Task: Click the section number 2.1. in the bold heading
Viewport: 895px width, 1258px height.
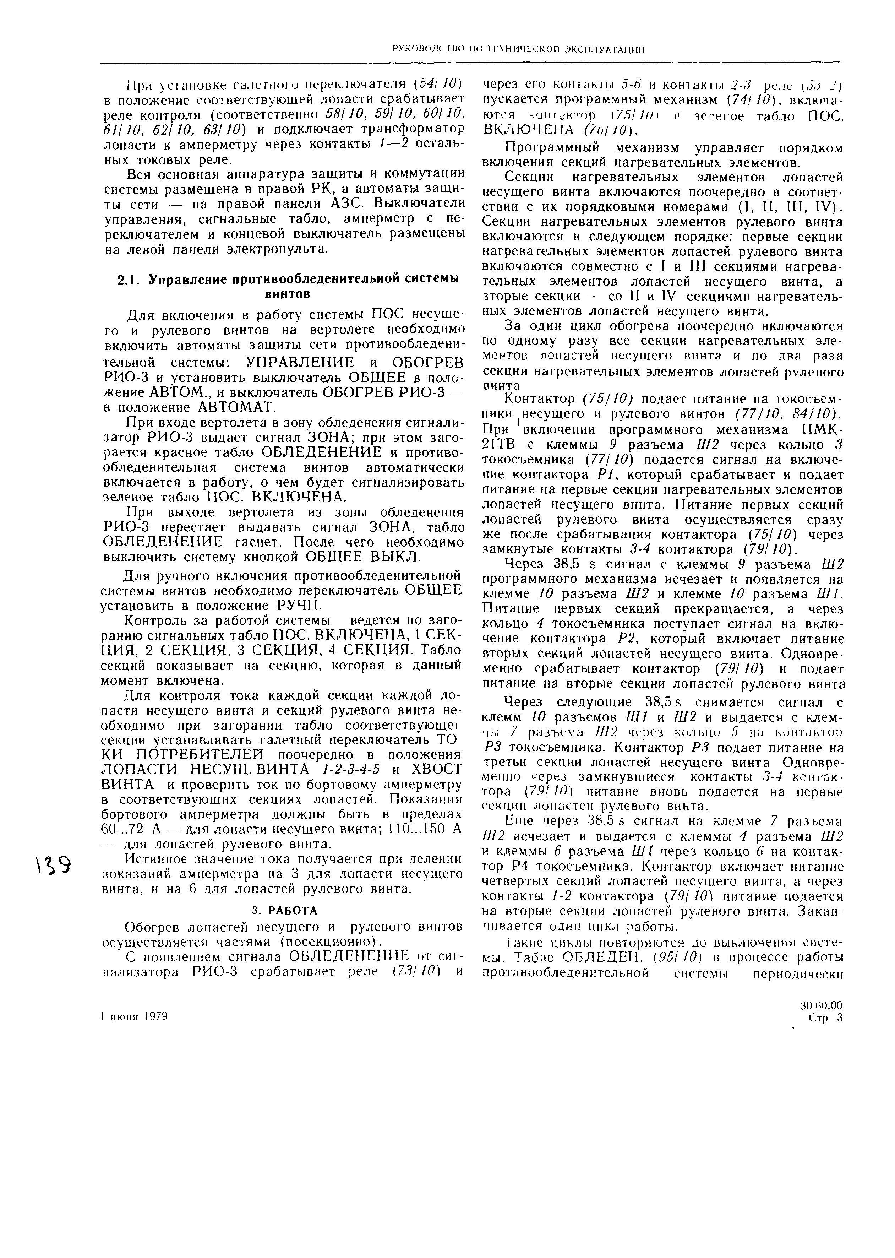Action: click(x=130, y=280)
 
